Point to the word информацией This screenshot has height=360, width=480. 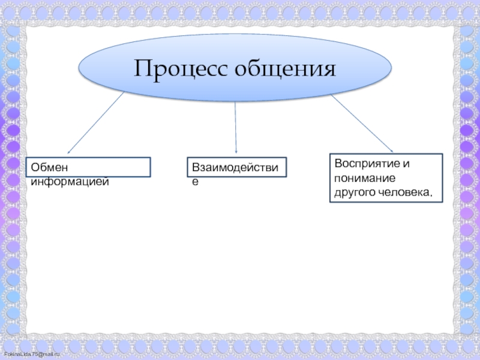[x=70, y=180]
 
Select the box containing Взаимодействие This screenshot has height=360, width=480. [x=236, y=167]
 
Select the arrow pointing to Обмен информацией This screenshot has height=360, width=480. [x=96, y=122]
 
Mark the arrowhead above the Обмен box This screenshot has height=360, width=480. [x=68, y=152]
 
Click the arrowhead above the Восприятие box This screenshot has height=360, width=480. [x=391, y=151]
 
